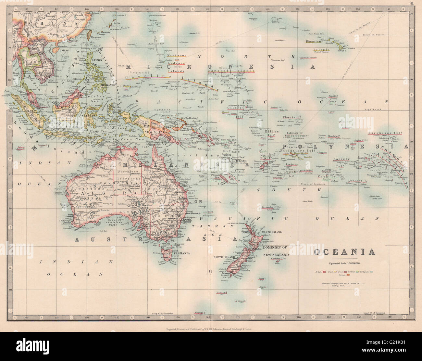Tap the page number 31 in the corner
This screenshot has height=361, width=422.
(412, 4)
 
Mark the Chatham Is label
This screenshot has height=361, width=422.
(279, 259)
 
